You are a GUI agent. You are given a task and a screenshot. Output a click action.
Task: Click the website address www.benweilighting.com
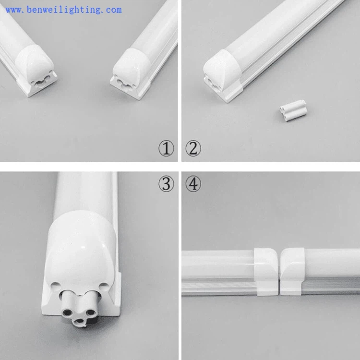pos(63,10)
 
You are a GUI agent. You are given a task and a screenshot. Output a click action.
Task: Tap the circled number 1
pos(166,148)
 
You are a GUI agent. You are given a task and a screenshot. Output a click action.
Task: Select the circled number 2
pos(193,148)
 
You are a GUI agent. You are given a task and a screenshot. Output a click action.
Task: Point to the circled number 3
pos(166,184)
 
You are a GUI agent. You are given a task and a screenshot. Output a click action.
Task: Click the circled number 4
pos(193,184)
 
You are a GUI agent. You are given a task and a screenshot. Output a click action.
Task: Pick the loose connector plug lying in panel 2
pos(294,110)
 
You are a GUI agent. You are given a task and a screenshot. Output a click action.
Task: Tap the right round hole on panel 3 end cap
pos(104,287)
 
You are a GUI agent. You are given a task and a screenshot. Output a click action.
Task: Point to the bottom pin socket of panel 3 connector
pos(79,321)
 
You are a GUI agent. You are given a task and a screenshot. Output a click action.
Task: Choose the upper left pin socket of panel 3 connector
pos(67,312)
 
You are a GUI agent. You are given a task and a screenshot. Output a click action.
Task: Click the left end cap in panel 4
pos(266,272)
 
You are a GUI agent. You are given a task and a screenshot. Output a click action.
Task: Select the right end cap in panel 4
pos(292,272)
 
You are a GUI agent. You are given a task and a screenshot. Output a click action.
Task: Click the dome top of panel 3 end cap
pos(80,232)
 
